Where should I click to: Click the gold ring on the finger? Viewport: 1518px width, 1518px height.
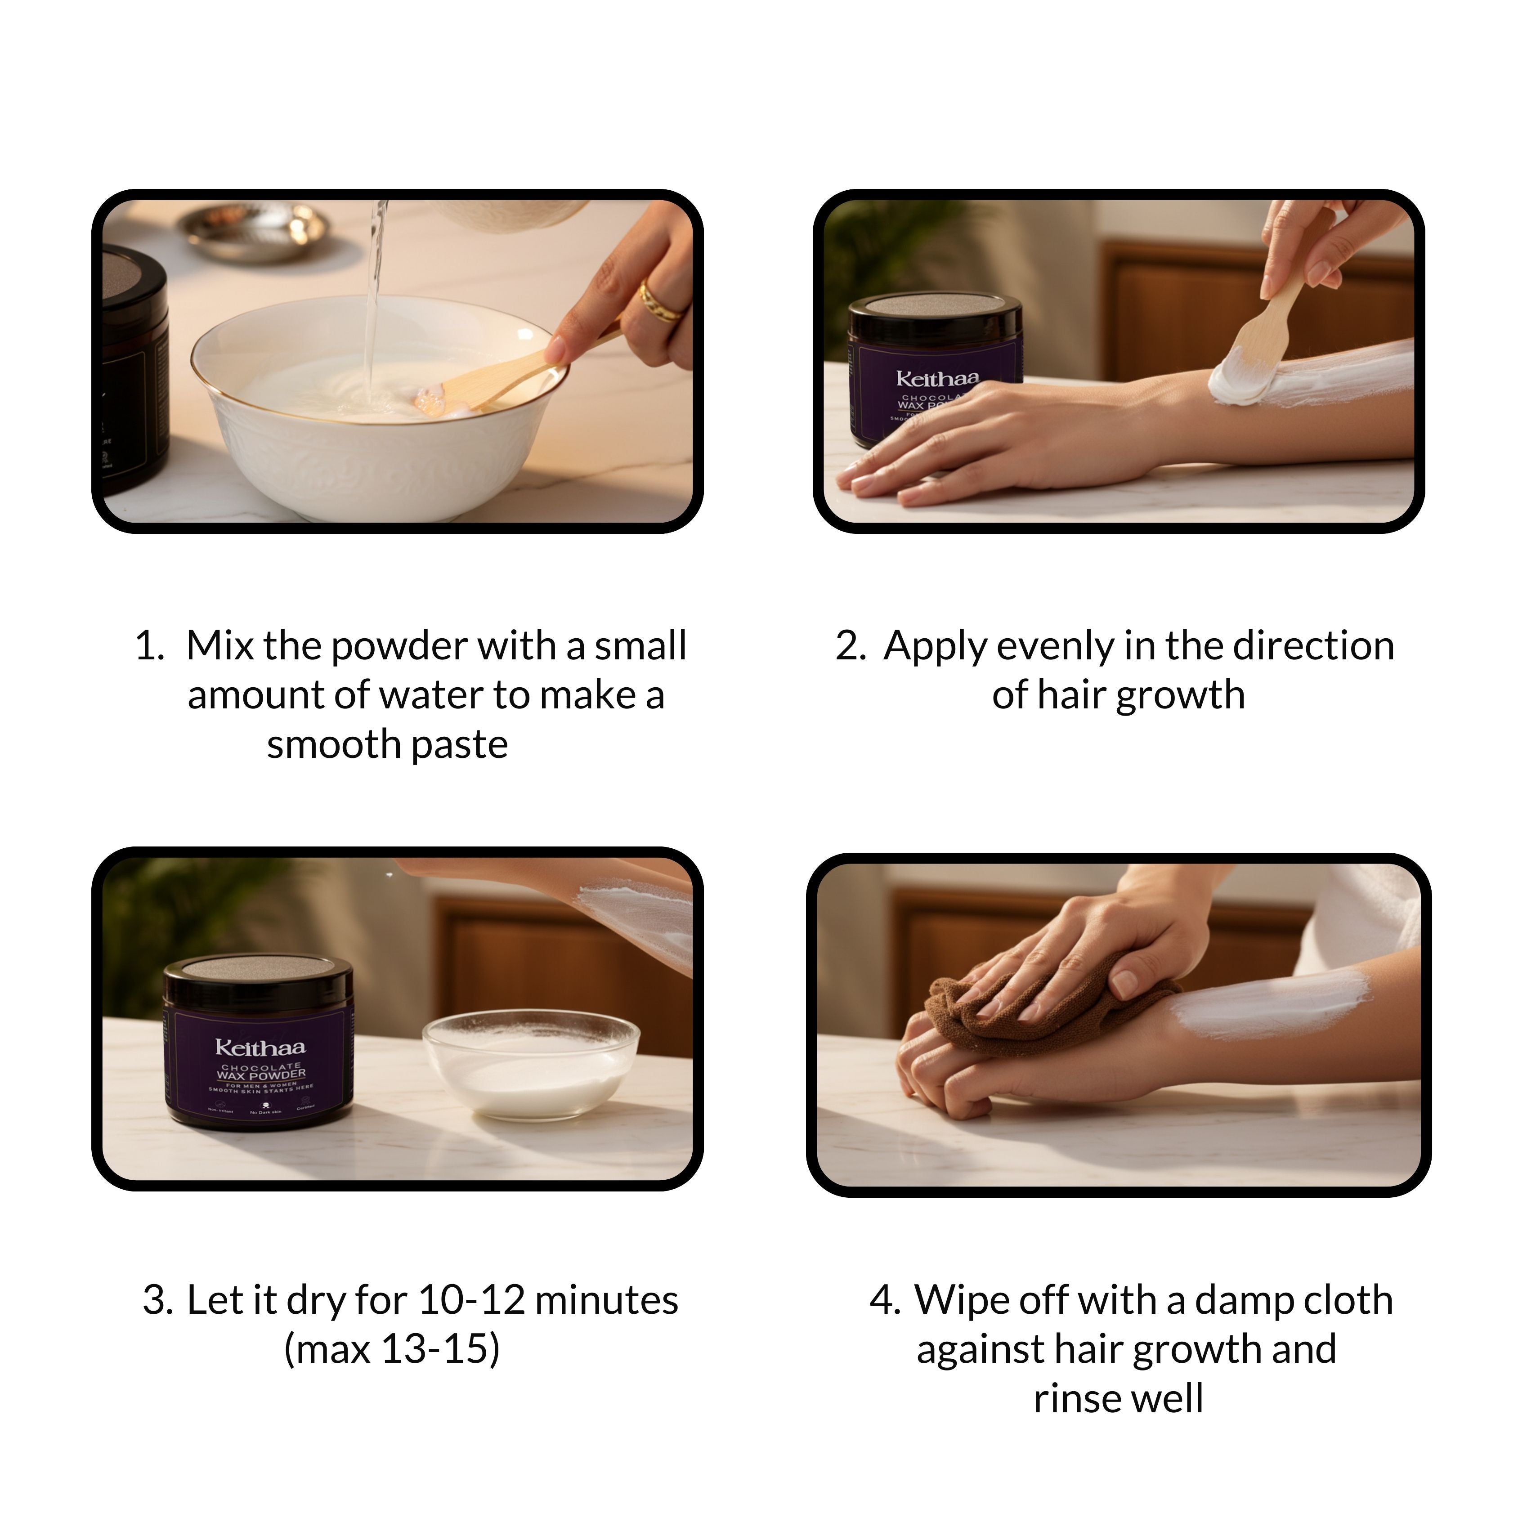(658, 303)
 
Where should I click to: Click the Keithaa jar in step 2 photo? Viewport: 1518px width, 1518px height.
(935, 369)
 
